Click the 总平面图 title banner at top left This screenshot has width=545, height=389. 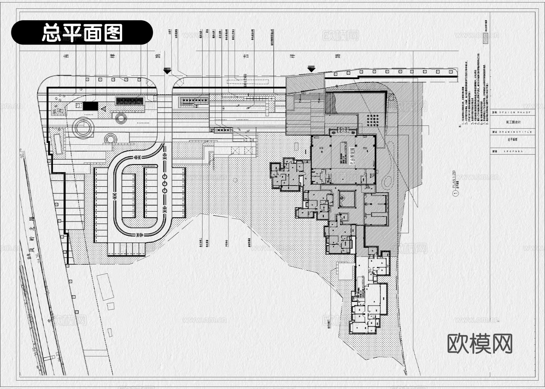point(82,32)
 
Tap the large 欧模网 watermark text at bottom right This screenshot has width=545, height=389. point(480,344)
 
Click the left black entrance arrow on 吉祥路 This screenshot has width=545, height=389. point(167,71)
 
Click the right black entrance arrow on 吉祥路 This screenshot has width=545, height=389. point(311,69)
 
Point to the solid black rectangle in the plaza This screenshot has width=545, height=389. point(91,106)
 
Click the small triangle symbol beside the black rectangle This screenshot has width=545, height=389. point(104,109)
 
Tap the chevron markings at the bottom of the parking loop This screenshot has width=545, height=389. point(139,235)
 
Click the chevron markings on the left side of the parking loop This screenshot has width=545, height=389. point(115,196)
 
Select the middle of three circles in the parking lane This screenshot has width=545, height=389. point(165,183)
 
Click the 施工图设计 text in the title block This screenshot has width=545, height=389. point(513,122)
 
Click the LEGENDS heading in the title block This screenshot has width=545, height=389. point(514,151)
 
